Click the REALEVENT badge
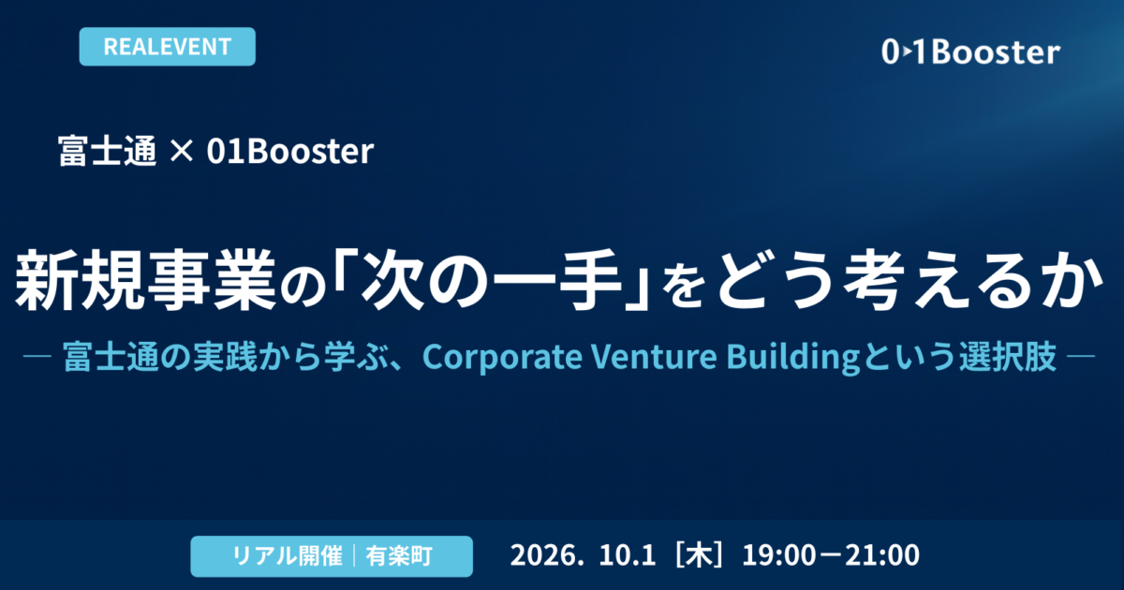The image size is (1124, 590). [x=167, y=47]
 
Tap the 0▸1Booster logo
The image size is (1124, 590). [x=970, y=52]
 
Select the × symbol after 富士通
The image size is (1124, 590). [x=181, y=151]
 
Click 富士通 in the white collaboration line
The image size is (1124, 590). [x=108, y=151]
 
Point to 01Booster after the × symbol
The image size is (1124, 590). [x=290, y=151]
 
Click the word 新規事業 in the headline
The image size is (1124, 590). [x=145, y=280]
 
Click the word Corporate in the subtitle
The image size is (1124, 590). [x=502, y=357]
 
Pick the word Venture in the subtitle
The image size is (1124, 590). [x=654, y=357]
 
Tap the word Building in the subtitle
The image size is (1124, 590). [x=792, y=358]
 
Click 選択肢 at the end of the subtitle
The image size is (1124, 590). [x=1008, y=357]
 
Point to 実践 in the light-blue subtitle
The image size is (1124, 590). [x=224, y=357]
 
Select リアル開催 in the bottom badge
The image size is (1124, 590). [x=287, y=556]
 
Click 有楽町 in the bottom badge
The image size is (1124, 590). [x=399, y=556]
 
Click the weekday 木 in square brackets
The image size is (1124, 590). [x=700, y=555]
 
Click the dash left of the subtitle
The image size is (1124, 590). [x=37, y=357]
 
